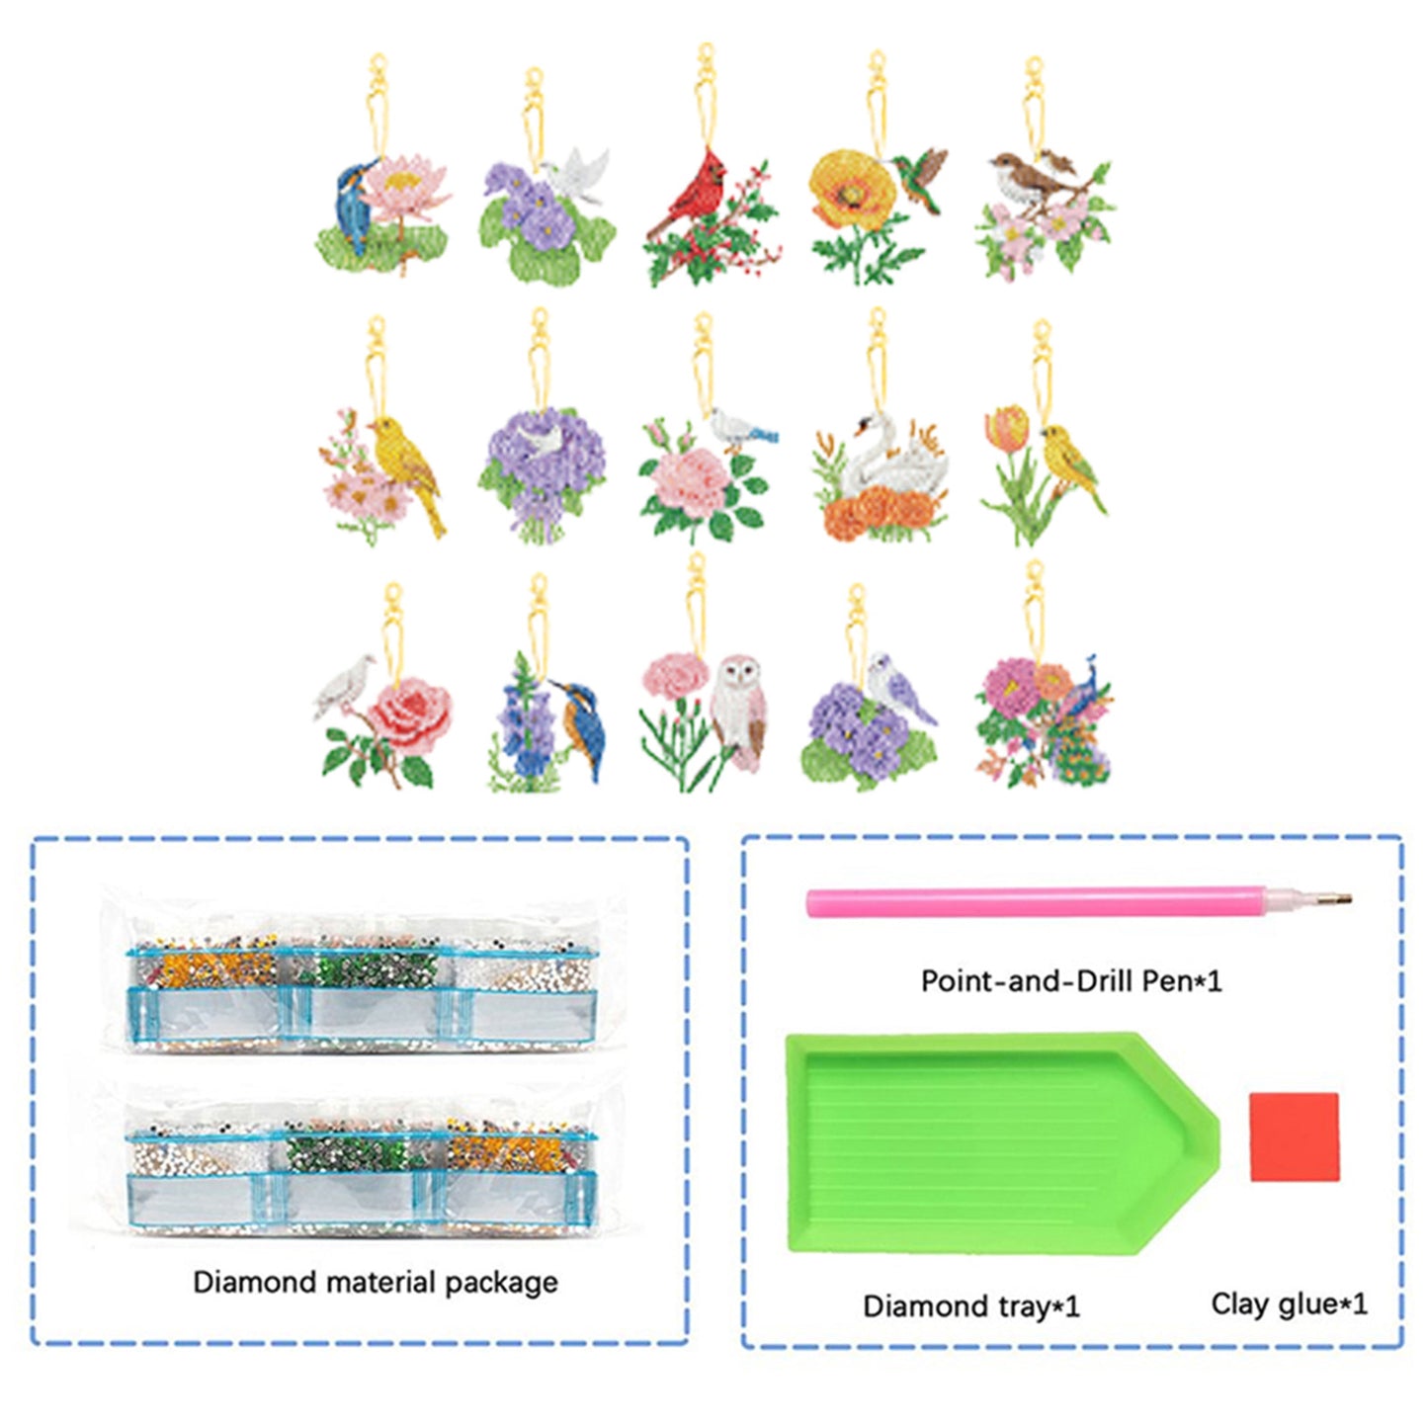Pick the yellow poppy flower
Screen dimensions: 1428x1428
click(845, 189)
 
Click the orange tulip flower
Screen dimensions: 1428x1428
click(1007, 431)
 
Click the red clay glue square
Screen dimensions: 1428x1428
click(1294, 1136)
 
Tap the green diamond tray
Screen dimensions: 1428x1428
click(988, 1141)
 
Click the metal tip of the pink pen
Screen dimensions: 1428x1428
click(1338, 900)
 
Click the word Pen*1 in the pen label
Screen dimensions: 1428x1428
click(1181, 981)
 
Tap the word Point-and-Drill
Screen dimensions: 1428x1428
click(1027, 981)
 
